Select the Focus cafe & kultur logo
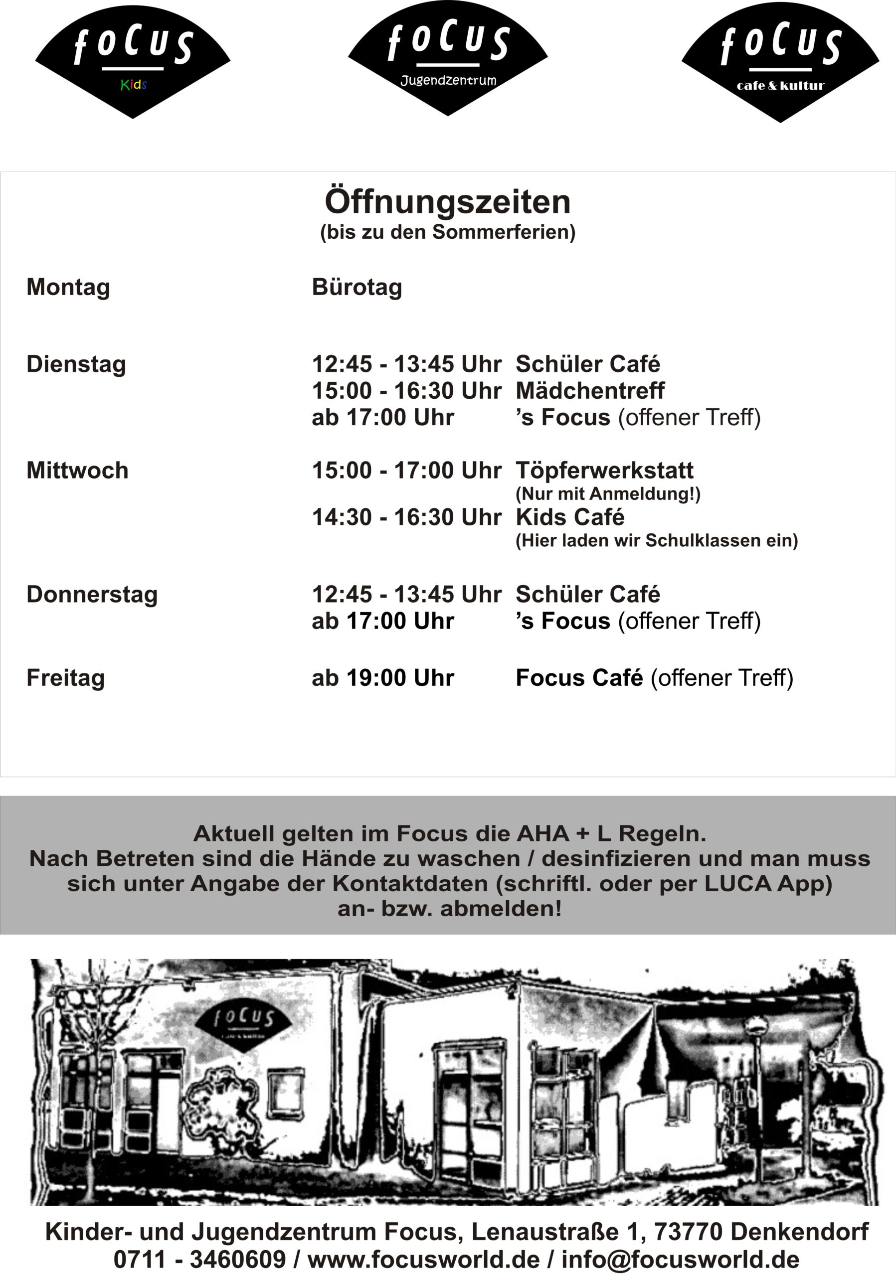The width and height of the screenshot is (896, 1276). (x=780, y=62)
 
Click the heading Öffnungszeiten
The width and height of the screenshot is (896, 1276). (x=447, y=202)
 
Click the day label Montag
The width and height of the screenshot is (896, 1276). (x=68, y=287)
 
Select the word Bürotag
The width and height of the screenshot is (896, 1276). (x=357, y=287)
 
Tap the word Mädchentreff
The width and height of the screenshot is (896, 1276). (x=590, y=391)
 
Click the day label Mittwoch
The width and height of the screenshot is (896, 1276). (x=77, y=471)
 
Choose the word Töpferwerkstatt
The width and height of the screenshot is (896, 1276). (x=604, y=471)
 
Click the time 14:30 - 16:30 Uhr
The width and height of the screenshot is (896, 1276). (x=406, y=517)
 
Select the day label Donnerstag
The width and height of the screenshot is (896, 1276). (x=92, y=595)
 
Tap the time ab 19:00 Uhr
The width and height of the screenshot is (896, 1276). (x=383, y=678)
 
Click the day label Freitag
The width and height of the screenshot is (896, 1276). (x=66, y=678)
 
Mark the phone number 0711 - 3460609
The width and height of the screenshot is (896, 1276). (x=199, y=1260)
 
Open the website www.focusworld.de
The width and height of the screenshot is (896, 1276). (x=423, y=1260)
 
